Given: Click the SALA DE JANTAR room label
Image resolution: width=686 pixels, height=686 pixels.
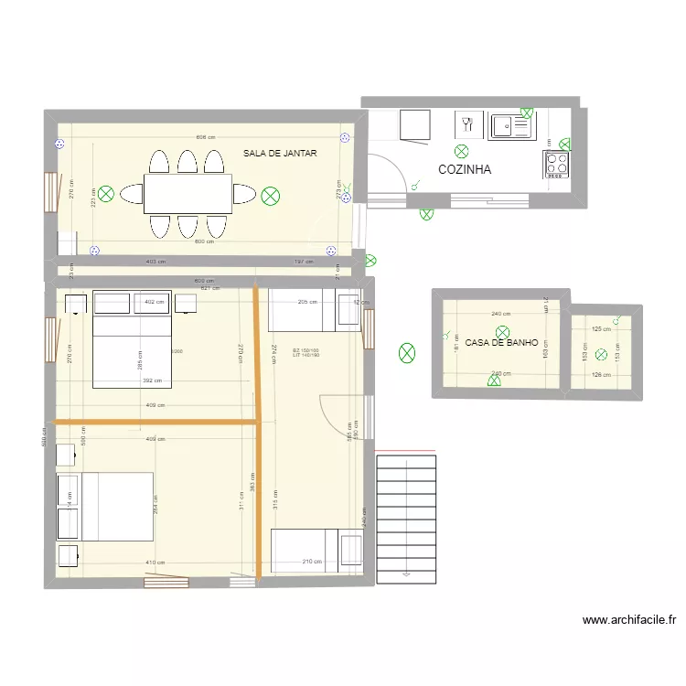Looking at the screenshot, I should click(280, 154).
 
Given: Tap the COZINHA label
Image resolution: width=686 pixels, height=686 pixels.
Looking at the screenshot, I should click(465, 169).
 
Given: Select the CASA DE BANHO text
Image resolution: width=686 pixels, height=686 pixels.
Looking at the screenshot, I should click(501, 343).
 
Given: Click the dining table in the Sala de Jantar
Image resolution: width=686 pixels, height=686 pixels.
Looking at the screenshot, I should click(188, 194).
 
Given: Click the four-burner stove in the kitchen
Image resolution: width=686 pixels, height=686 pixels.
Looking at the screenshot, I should click(557, 164).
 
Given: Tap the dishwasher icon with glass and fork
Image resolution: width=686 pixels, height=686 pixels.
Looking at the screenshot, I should click(468, 125).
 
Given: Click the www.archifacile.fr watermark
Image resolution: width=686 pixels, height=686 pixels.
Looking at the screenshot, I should click(629, 620).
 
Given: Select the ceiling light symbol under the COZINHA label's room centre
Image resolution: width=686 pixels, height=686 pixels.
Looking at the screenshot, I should click(462, 151).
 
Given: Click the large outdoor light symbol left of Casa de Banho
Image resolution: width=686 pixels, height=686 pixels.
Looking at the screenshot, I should click(406, 351).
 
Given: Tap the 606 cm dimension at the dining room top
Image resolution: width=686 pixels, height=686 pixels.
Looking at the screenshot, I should click(205, 137).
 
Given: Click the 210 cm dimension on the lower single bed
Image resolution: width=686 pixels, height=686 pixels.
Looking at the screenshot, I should click(311, 562).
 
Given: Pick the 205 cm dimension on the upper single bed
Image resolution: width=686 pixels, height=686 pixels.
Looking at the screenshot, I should click(306, 302).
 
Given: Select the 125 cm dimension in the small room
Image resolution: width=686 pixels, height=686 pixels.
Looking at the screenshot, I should click(600, 329).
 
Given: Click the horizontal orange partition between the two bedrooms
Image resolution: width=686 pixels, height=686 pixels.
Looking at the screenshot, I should click(155, 422).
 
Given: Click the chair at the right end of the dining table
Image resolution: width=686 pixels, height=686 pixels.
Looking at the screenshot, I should click(244, 194).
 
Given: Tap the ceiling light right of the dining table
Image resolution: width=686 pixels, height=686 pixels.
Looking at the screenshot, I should click(270, 195).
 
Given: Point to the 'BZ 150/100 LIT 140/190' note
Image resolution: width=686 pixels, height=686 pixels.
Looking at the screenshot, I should click(305, 352).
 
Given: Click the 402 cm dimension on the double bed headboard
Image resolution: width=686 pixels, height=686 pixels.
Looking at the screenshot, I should click(154, 302).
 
